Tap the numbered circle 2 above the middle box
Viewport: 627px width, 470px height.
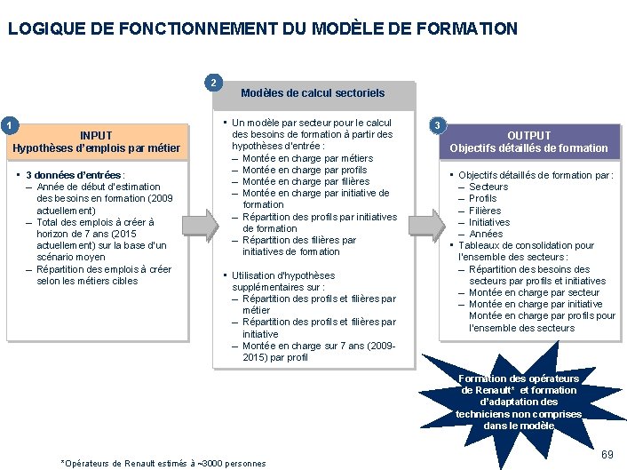tap(213, 84)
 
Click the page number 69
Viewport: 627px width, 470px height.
tap(607, 455)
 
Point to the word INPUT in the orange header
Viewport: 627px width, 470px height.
tap(96, 136)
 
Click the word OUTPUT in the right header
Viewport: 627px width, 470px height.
tap(528, 136)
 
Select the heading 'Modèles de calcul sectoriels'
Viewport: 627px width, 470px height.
tap(313, 93)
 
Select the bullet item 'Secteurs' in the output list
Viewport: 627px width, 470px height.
tap(488, 187)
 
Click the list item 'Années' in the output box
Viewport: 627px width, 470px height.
tap(486, 234)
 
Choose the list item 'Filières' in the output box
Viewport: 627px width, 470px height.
tap(485, 211)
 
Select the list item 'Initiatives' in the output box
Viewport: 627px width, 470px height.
tap(489, 222)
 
